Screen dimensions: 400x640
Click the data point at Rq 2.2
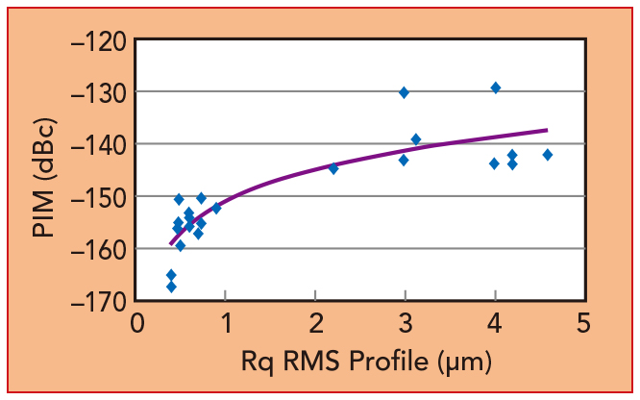(333, 168)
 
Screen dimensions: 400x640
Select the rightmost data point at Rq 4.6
(548, 155)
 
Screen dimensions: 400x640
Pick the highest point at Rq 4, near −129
(496, 87)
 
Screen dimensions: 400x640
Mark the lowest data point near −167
(171, 287)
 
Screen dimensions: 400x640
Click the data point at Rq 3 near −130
(404, 92)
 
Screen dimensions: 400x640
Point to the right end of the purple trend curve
(547, 130)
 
